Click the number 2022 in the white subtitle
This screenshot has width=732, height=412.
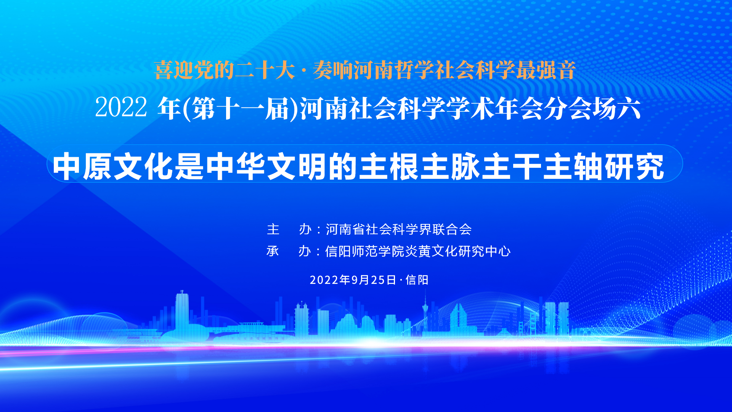121,108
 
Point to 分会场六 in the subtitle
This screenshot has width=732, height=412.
592,109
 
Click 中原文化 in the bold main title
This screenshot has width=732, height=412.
114,166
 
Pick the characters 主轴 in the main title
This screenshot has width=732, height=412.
573,166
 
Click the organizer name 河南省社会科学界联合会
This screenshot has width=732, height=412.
399,229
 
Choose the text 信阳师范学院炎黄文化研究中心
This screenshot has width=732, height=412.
418,251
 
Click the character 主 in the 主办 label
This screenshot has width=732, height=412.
273,229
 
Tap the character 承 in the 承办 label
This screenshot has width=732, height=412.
273,251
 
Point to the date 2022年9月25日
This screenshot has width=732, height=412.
353,280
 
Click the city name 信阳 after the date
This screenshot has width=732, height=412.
417,280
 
